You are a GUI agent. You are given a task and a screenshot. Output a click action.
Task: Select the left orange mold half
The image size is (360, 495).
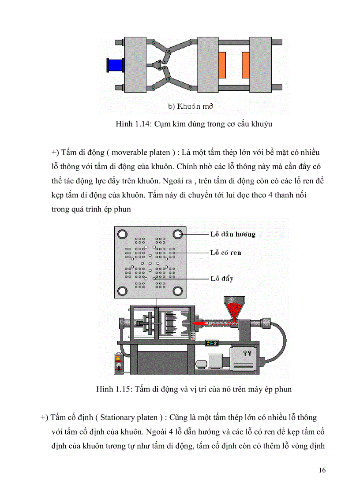pyautogui.click(x=221, y=65)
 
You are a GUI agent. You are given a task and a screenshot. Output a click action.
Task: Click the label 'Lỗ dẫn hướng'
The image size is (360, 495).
pyautogui.click(x=232, y=234)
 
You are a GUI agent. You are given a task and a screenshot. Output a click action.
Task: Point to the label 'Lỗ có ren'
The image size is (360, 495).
pyautogui.click(x=225, y=253)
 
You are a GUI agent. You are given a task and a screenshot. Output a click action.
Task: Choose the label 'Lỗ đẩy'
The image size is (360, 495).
pyautogui.click(x=222, y=279)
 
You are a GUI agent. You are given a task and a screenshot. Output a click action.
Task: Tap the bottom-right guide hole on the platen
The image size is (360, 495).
pyautogui.click(x=178, y=291)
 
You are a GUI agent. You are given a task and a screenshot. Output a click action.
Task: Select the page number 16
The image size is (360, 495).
pyautogui.click(x=322, y=470)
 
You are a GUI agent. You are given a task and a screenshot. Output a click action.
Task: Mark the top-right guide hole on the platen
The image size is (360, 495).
pyautogui.click(x=178, y=234)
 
